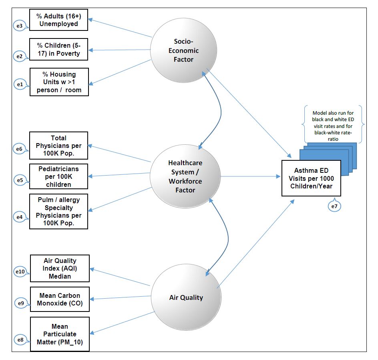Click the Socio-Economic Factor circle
(x=184, y=50)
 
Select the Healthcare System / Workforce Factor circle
(x=185, y=176)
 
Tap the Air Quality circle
(x=186, y=297)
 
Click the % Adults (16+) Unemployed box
(x=58, y=20)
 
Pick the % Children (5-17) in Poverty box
(x=58, y=50)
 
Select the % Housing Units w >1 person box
(x=59, y=82)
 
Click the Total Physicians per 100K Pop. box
(x=58, y=146)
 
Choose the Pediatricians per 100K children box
(x=58, y=176)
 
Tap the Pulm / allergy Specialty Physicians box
(x=58, y=212)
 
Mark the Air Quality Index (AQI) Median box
(x=60, y=269)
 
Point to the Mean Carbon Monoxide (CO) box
(x=60, y=299)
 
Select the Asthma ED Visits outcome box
(x=311, y=178)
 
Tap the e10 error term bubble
(x=20, y=272)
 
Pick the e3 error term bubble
(x=19, y=26)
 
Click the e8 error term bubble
(x=20, y=340)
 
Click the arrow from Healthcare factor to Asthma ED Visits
(x=250, y=176)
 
